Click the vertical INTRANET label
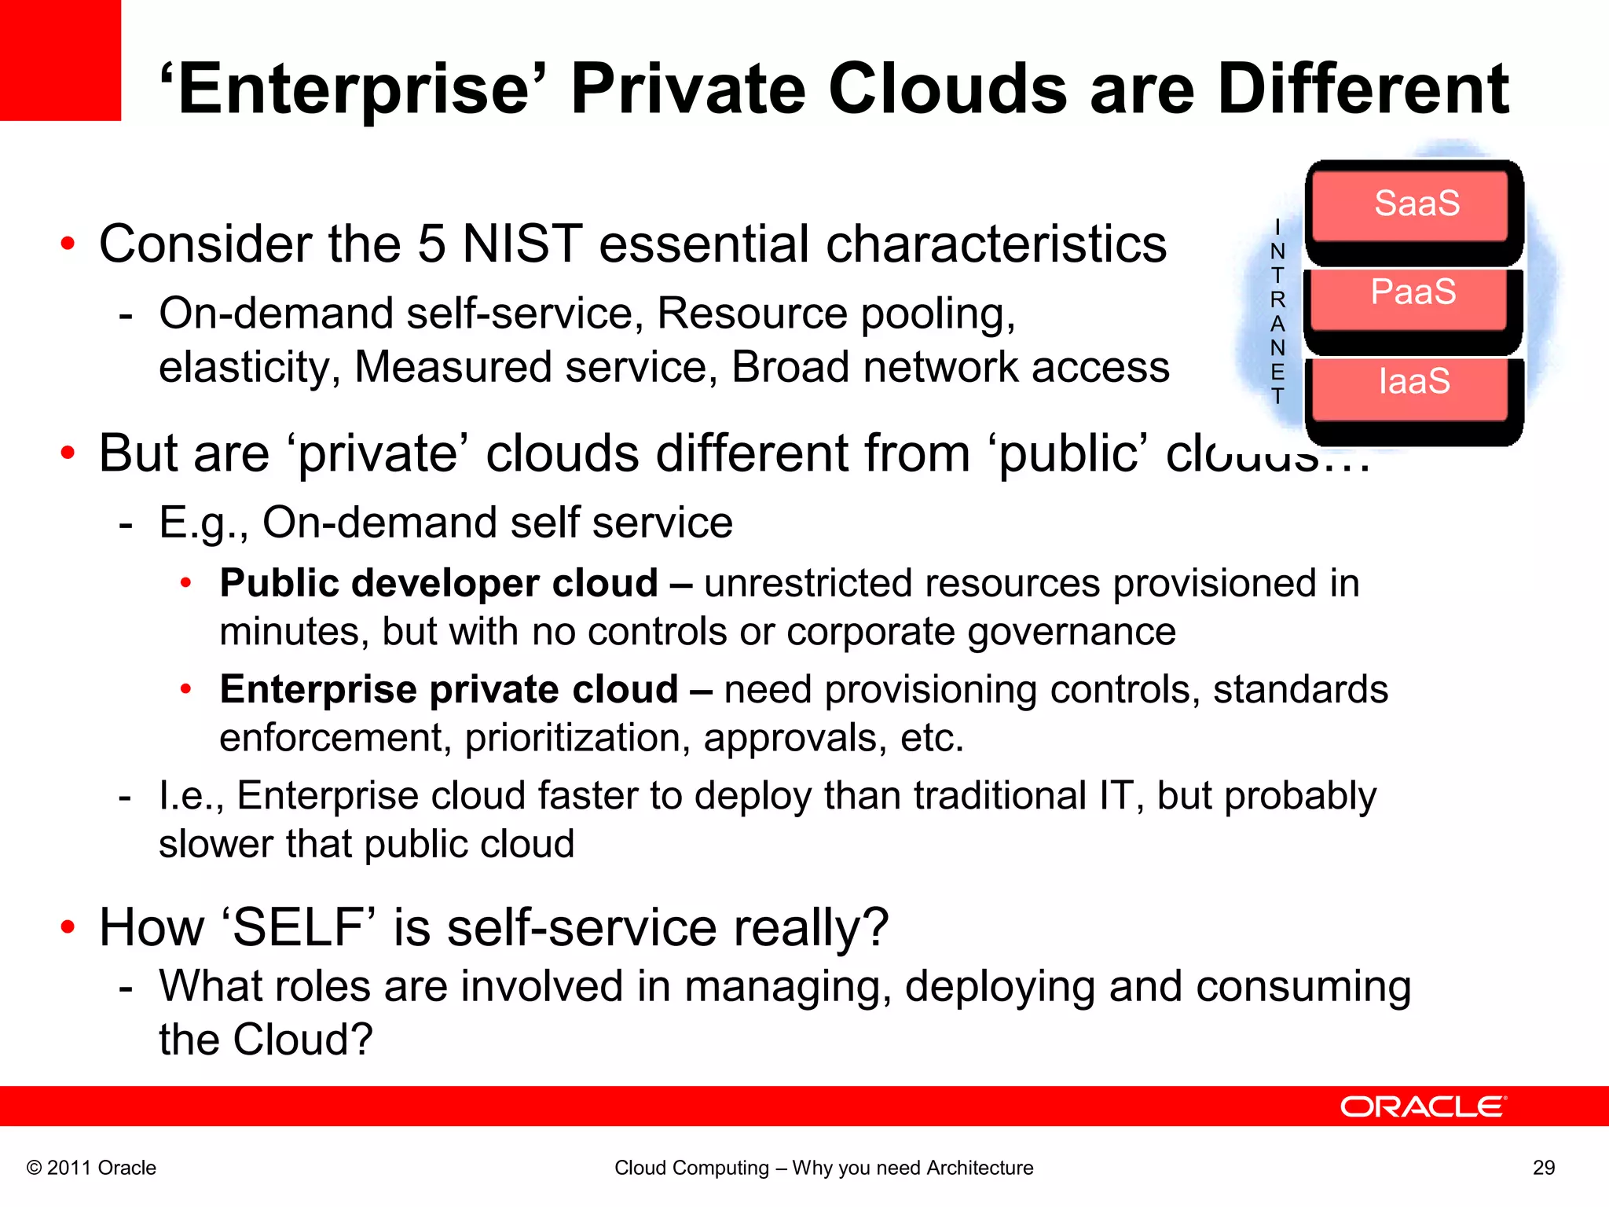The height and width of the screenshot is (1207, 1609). pos(1277,312)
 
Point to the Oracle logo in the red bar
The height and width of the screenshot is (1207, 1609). pos(1423,1106)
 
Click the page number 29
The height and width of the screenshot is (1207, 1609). pos(1543,1168)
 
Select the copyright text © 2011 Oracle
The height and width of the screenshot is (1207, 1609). pos(91,1168)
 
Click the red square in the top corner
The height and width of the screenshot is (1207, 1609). pos(60,60)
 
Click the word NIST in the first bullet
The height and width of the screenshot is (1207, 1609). pos(522,244)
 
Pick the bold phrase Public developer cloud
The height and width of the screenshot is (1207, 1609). pos(438,583)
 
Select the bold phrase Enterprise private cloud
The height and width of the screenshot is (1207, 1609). pos(449,689)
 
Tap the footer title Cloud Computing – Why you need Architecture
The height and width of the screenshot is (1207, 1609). pos(823,1168)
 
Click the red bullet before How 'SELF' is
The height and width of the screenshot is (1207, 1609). pos(68,926)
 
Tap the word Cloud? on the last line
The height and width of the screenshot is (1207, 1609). pos(302,1040)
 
